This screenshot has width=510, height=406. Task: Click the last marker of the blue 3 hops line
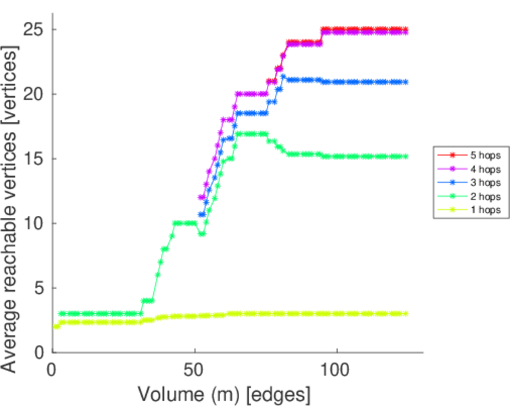[x=405, y=82]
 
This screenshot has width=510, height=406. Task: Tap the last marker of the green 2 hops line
[x=405, y=156]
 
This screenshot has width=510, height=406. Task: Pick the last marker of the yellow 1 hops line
[x=405, y=313]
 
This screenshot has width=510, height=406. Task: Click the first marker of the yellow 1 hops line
[x=55, y=327]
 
